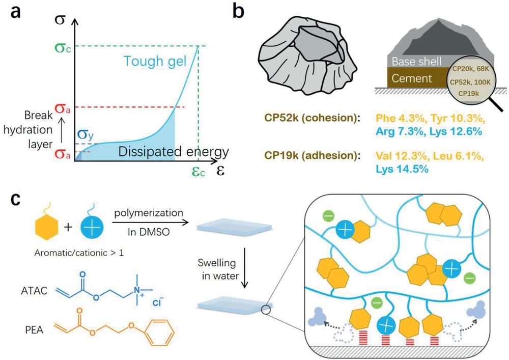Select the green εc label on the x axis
198,171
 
